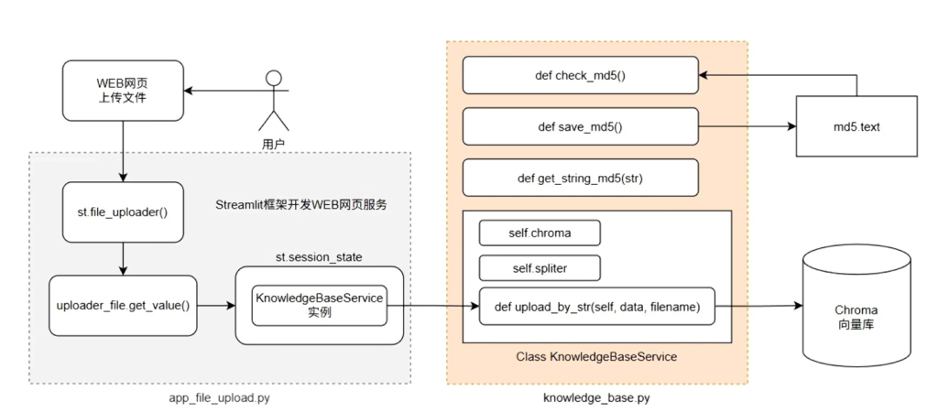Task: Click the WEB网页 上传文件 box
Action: pyautogui.click(x=122, y=92)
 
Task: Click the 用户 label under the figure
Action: pyautogui.click(x=273, y=144)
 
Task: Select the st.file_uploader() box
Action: pyautogui.click(x=122, y=211)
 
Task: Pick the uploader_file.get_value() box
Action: pyautogui.click(x=123, y=305)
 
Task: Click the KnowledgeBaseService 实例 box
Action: pyautogui.click(x=320, y=305)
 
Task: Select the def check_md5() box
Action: pyautogui.click(x=580, y=75)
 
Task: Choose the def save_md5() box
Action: pyautogui.click(x=580, y=126)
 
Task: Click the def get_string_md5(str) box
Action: pyautogui.click(x=580, y=179)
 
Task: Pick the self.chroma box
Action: pyautogui.click(x=540, y=233)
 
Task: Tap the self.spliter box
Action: pyautogui.click(x=540, y=268)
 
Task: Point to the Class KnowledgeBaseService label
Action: pyautogui.click(x=596, y=356)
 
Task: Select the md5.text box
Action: pyautogui.click(x=856, y=126)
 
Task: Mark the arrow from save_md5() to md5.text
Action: pyautogui.click(x=747, y=126)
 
